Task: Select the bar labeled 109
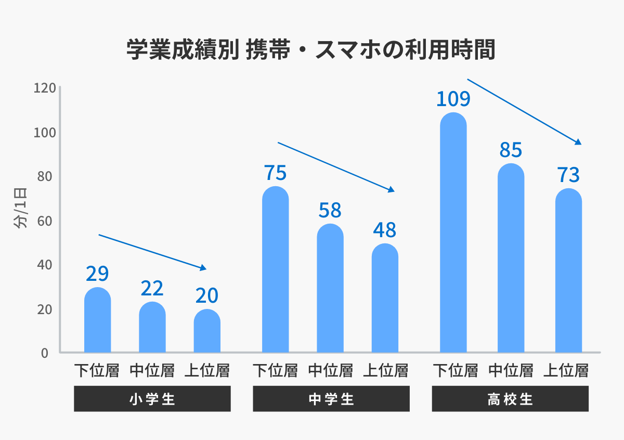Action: coord(453,234)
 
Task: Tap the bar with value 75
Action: coord(276,270)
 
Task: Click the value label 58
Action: coord(330,210)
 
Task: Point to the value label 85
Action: coord(511,150)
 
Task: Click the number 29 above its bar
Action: coord(97,274)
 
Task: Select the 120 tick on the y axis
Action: coord(44,88)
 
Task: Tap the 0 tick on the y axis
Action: coord(44,353)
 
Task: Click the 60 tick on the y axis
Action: coord(44,221)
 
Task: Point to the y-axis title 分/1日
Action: coord(21,208)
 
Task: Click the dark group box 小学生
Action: coord(152,399)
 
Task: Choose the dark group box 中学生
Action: coord(331,399)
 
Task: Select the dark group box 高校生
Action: coord(510,399)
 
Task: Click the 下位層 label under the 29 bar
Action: coord(97,370)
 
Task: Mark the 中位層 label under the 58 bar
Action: coord(330,370)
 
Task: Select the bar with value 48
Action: coord(385,299)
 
